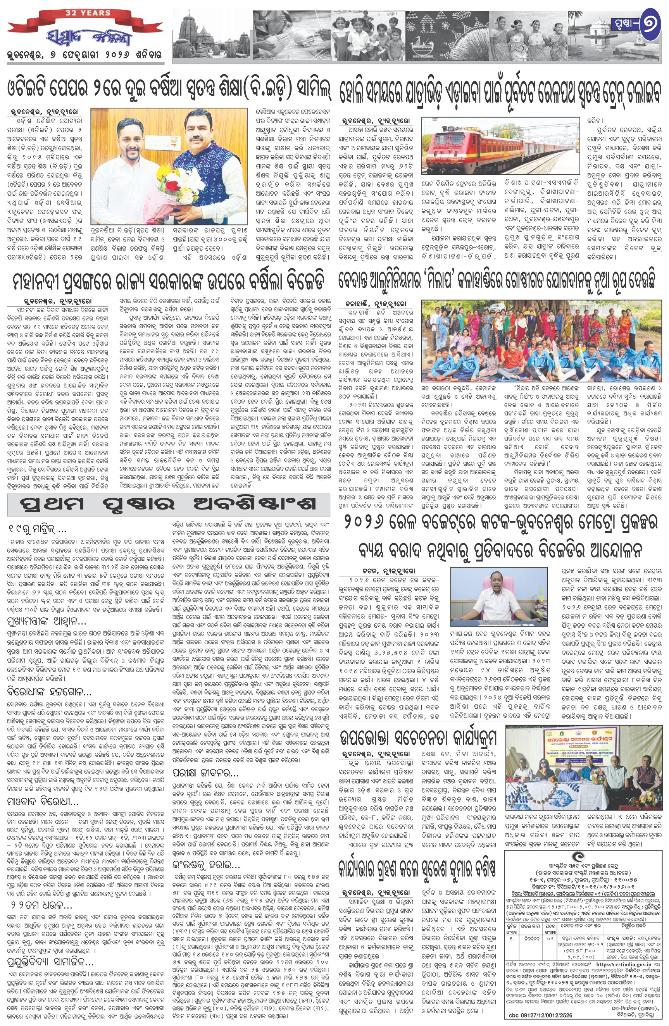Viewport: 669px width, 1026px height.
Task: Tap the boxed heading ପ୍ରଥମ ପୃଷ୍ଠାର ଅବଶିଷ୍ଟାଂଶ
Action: point(168,504)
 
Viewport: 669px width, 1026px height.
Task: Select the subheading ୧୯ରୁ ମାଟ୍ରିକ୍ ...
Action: point(37,528)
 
